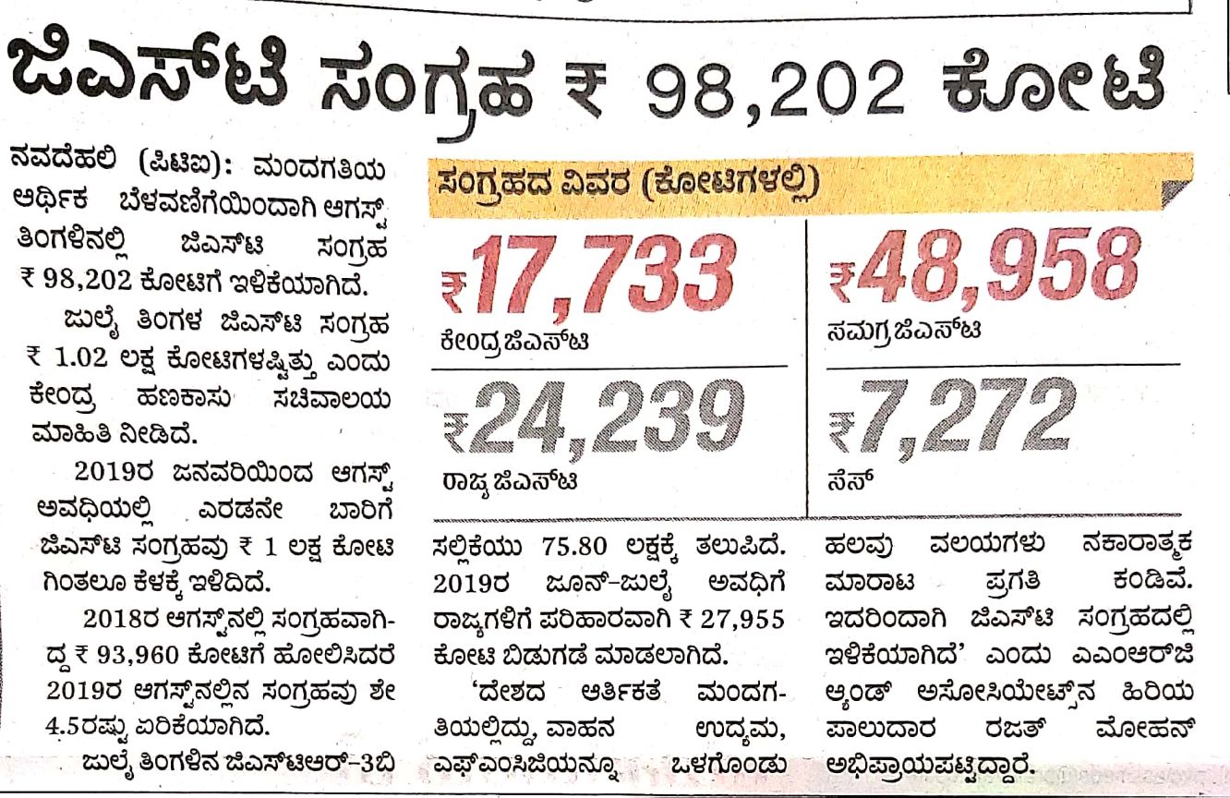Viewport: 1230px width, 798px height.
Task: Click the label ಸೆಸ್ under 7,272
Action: click(x=848, y=480)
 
